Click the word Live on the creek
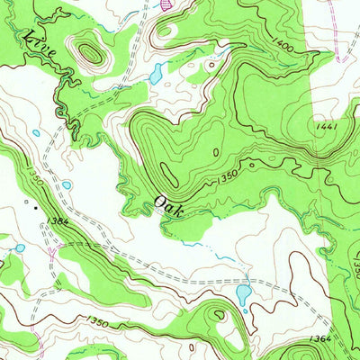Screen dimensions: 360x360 coord(42,46)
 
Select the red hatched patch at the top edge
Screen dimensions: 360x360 coord(165,4)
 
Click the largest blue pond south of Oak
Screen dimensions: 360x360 coord(243,292)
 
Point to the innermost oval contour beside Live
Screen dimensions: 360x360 coord(90,53)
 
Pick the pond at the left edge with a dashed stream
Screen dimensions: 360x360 coord(18,247)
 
